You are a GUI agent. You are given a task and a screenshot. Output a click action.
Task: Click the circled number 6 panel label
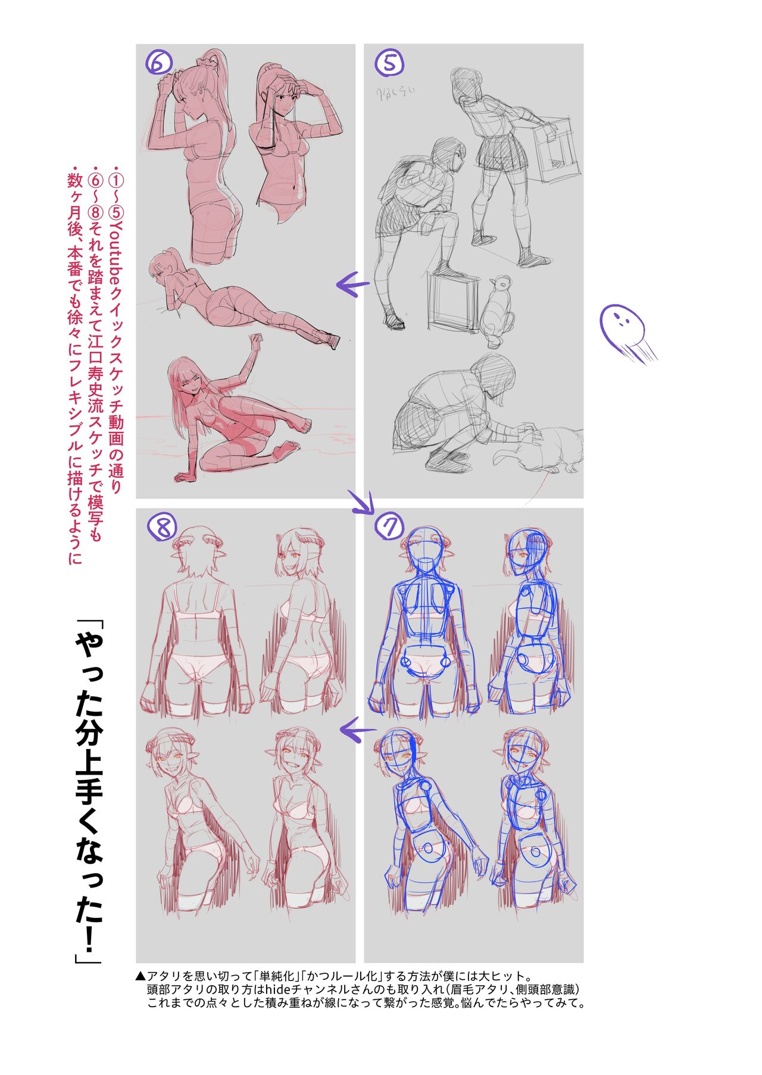(x=159, y=61)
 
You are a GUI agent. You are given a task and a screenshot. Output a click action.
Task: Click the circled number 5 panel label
(x=390, y=61)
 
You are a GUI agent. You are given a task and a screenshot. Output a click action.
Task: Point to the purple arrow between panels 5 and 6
(x=352, y=284)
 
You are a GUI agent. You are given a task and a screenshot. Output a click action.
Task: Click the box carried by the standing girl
(x=556, y=146)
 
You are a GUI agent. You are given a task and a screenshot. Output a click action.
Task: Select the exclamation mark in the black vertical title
(x=88, y=935)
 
